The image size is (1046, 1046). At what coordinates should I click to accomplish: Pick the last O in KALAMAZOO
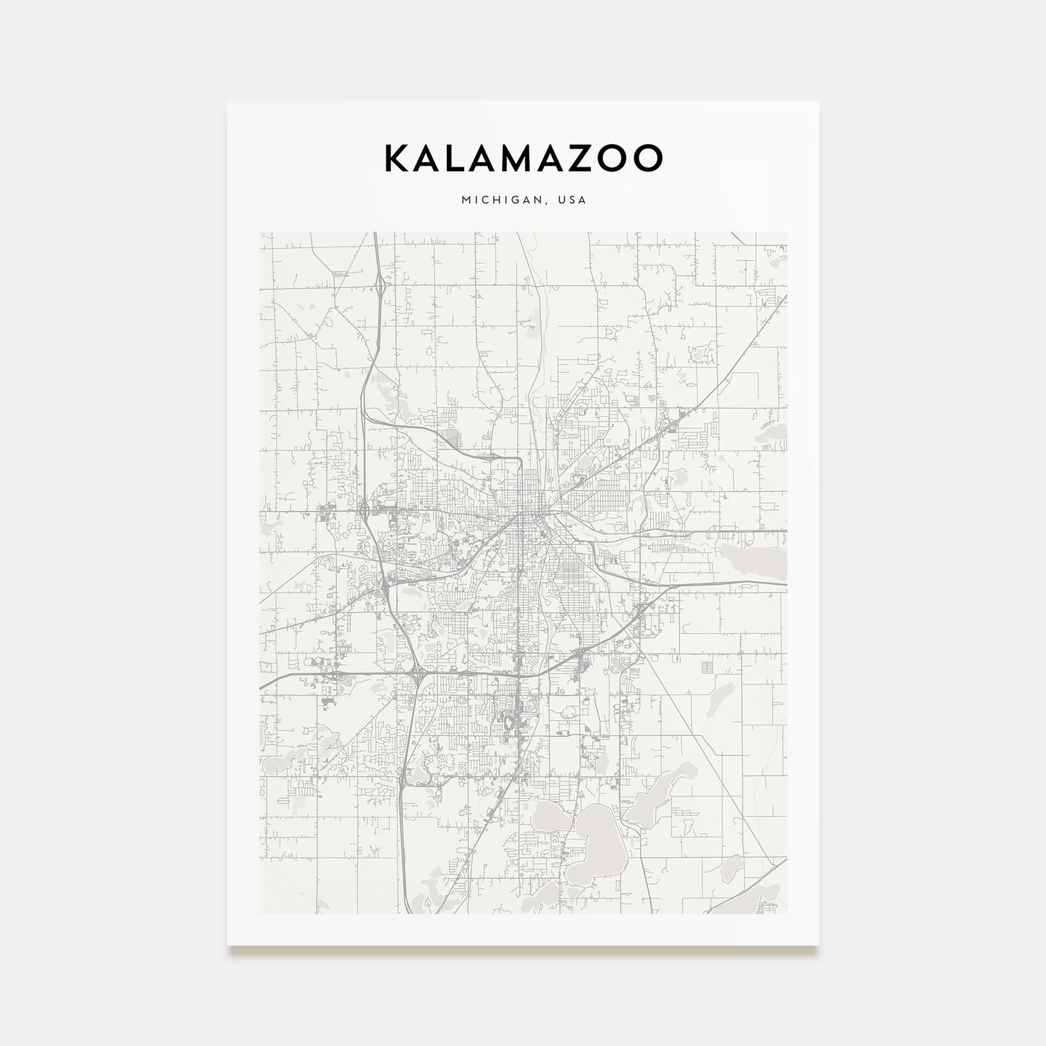point(647,158)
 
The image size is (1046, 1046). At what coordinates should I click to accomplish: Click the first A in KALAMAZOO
point(430,158)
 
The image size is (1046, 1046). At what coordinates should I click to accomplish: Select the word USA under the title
point(572,200)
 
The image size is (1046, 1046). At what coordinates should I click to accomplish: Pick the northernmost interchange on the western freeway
point(380,282)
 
